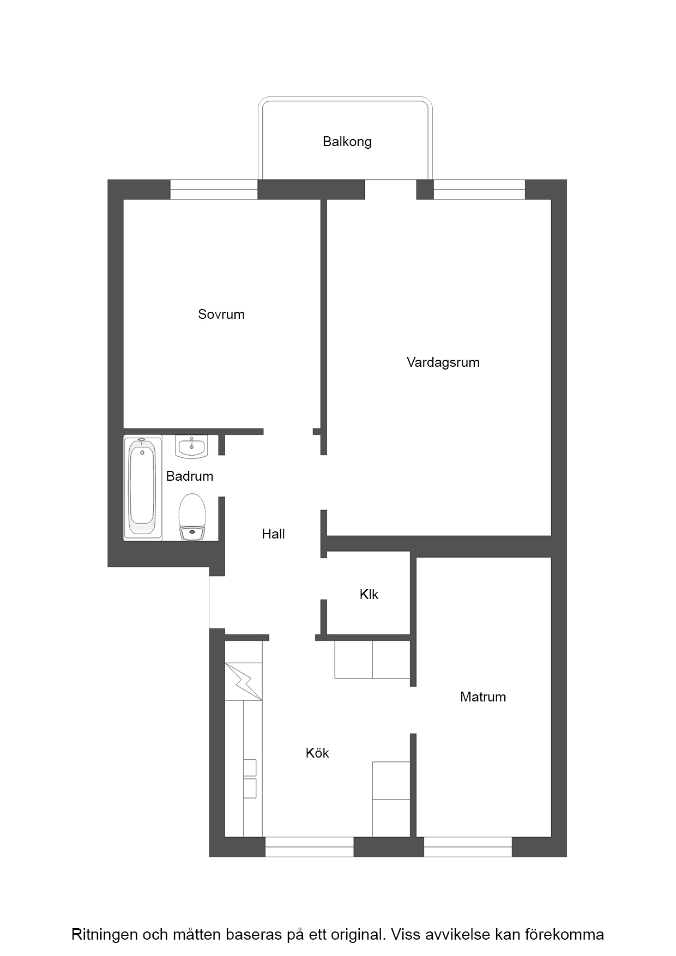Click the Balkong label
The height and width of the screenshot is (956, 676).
coord(347,142)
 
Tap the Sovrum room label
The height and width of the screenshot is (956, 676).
coord(221,314)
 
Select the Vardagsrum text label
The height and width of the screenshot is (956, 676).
coord(443,362)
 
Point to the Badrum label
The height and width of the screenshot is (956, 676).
coord(189,476)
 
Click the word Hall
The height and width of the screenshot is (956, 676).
coord(273,534)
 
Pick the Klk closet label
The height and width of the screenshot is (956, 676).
coord(369,594)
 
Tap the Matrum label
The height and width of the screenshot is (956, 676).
coord(482,697)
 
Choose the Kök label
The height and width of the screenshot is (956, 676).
coord(317,753)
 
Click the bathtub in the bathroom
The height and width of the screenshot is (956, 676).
coord(143,488)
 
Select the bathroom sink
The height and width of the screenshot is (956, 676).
coord(192,446)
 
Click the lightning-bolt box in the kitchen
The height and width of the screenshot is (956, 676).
coord(243,681)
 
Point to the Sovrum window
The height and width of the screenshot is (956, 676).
coord(214,190)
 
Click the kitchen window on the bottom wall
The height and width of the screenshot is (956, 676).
coord(309,846)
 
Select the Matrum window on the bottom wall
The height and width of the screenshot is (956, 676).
coord(468,846)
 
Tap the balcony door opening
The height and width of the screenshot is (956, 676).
coord(390,190)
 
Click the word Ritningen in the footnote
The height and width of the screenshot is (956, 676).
coord(104,935)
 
